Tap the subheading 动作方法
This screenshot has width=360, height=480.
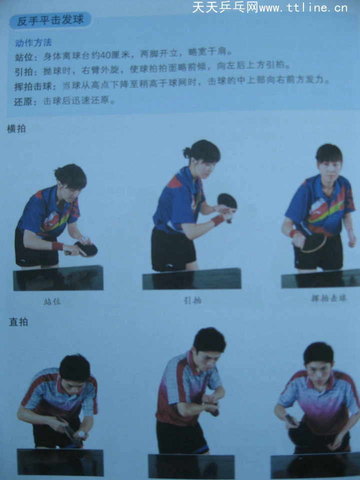tap(33, 42)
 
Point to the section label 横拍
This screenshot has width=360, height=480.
tap(16, 128)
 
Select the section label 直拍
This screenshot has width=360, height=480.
tap(18, 322)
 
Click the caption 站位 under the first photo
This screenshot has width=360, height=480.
tap(52, 301)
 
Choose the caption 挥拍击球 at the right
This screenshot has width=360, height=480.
tap(328, 298)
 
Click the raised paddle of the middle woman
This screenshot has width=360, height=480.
tap(227, 201)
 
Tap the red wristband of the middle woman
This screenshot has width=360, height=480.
tap(217, 220)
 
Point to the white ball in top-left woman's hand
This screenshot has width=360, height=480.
tap(85, 239)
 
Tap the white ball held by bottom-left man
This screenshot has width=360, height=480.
tap(80, 434)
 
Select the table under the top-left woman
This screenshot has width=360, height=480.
tap(58, 278)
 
